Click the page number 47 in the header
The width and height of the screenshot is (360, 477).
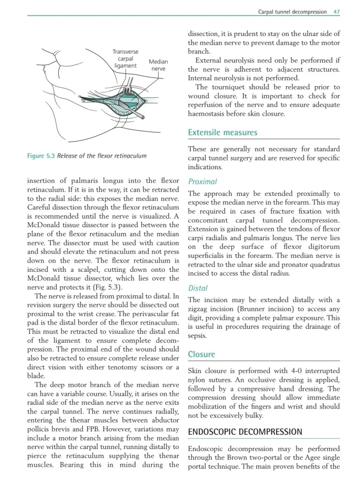[x=336, y=12]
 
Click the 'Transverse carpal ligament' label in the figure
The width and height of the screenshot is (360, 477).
[x=125, y=59]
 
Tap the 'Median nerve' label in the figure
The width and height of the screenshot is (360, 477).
[x=158, y=65]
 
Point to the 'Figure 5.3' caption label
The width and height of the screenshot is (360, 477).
[x=42, y=156]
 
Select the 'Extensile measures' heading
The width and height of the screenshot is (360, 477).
[x=222, y=133]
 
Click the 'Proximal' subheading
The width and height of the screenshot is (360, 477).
[x=202, y=181]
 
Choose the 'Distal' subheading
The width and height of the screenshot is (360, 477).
[x=198, y=288]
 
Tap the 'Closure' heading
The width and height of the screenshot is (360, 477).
[x=201, y=354]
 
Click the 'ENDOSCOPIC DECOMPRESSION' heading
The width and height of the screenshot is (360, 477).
[x=245, y=432]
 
